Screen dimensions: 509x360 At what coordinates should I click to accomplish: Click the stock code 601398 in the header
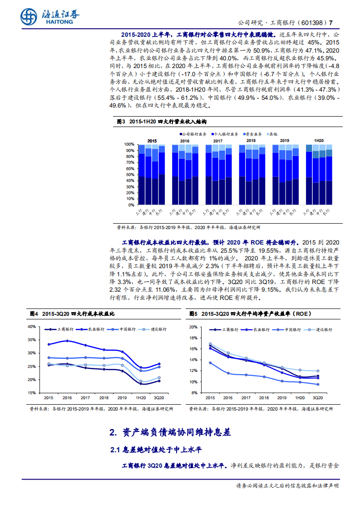click(313, 23)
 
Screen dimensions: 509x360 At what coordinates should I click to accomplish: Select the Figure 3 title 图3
click(120, 122)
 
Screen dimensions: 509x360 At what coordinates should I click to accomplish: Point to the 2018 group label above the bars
click(251, 141)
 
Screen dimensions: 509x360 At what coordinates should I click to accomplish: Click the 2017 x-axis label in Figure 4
click(85, 397)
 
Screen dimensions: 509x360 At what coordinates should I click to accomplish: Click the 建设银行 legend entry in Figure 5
click(324, 330)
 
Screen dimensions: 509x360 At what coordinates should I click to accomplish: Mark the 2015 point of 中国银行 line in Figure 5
click(210, 362)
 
